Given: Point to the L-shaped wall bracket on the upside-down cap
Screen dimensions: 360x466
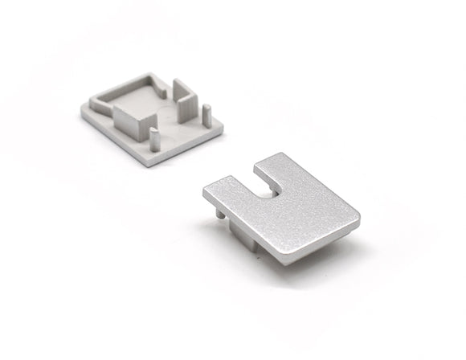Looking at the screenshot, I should click(x=186, y=100).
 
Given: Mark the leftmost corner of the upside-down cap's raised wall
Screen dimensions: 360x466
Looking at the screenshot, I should click(x=91, y=101).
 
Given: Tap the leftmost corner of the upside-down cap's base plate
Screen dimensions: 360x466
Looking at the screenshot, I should click(x=80, y=112).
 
